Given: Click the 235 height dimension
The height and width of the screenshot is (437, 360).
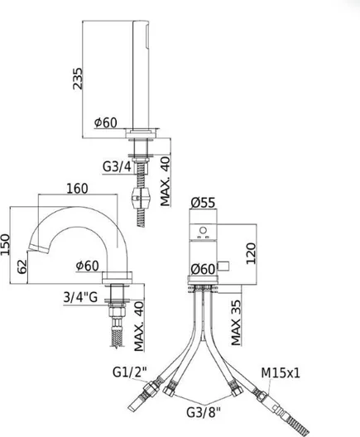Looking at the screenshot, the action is point(78,79).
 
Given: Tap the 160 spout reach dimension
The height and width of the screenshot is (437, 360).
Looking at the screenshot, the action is point(77,189).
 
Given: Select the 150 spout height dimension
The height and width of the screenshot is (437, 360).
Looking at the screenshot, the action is point(5,244).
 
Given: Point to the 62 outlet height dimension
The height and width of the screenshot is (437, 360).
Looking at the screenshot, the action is point(22,267).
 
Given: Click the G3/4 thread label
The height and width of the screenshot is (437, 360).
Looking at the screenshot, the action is point(117,167).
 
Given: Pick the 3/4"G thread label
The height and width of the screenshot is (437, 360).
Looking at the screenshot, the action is point(80,297).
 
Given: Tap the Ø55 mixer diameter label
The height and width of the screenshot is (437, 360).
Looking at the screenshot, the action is point(203,203).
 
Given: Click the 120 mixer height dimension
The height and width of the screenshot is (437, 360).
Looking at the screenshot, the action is point(251,253).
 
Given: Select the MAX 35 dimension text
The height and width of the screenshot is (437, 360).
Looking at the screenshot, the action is point(236,323).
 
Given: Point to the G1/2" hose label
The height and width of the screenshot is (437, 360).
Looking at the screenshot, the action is point(130,372).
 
